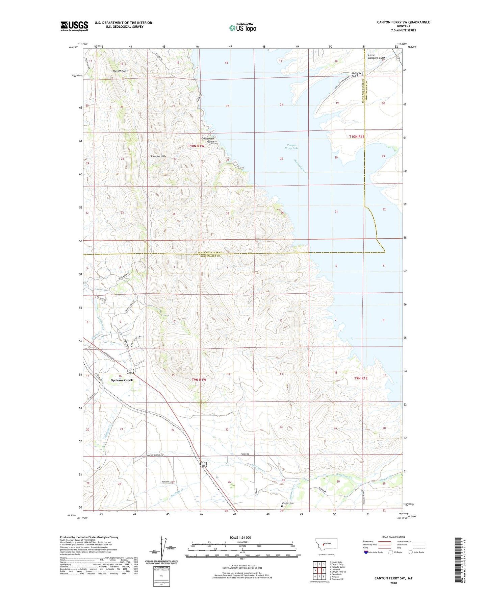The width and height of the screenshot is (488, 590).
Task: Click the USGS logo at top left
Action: point(74,26)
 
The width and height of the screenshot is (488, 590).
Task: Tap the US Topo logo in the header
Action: point(242,28)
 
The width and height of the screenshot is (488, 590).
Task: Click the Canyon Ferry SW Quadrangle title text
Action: point(403,22)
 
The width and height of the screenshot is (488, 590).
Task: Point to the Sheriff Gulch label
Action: point(120,71)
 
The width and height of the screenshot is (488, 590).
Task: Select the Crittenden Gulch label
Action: point(208,140)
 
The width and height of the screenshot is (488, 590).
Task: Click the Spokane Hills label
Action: point(158,156)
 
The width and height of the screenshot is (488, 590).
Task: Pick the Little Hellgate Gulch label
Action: point(376,56)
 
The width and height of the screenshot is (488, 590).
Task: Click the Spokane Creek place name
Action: point(122,380)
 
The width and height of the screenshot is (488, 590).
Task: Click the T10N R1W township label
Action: point(196,146)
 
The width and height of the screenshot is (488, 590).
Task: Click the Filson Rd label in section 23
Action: point(245,454)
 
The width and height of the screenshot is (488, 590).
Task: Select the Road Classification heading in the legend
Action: point(393,537)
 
